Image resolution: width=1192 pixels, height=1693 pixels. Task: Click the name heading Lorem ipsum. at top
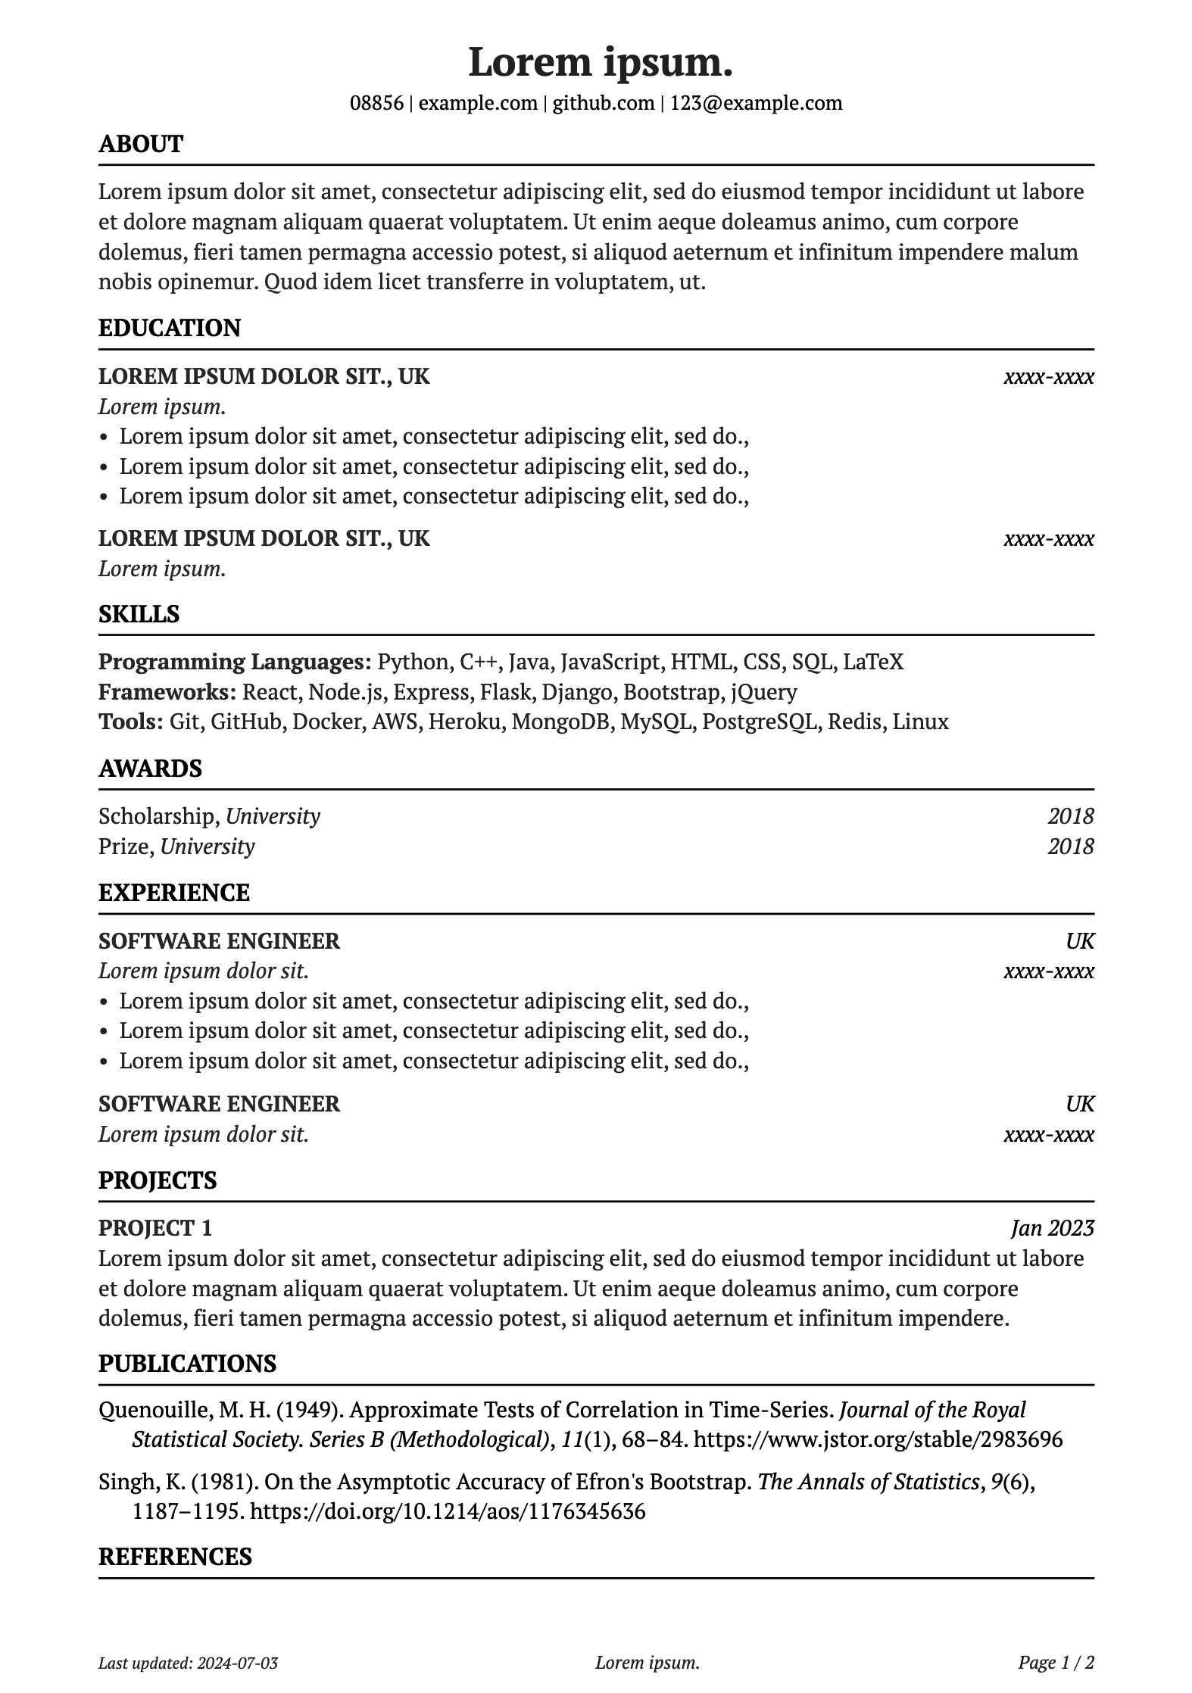600,62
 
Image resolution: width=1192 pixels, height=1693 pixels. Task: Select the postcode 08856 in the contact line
376,103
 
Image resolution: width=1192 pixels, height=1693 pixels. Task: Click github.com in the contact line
603,103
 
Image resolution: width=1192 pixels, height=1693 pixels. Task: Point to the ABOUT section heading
141,144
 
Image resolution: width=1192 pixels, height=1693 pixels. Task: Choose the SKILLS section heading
139,614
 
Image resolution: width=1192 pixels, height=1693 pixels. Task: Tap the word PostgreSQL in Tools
760,722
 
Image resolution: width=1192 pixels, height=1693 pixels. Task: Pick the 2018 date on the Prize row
1070,846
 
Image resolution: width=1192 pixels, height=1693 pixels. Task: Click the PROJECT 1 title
155,1228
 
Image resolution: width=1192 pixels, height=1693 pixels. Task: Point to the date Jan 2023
1052,1228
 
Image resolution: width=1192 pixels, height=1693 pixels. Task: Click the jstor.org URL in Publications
878,1439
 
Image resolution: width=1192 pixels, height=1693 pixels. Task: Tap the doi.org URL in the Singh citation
447,1512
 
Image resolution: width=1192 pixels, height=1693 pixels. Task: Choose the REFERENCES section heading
175,1557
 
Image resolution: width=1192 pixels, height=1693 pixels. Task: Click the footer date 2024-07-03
237,1663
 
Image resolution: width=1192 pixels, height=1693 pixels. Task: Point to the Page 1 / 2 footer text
1056,1663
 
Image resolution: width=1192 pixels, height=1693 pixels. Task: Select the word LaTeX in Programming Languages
873,662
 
